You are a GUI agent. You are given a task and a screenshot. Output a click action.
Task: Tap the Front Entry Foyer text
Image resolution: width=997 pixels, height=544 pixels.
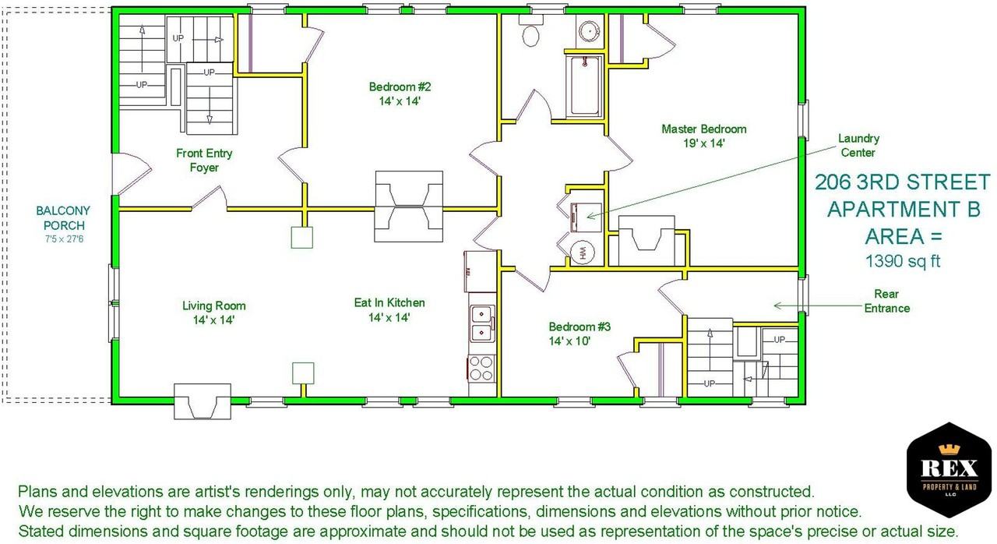[204, 161]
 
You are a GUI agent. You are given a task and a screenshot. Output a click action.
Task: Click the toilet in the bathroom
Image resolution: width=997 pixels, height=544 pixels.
[530, 30]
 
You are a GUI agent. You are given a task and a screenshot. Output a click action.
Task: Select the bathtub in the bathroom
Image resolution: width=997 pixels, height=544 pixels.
[584, 86]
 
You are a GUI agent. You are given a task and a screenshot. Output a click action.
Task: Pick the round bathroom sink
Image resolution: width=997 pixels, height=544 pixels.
[590, 30]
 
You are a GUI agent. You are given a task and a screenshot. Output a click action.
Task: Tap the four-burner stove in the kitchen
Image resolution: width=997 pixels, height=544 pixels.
[481, 369]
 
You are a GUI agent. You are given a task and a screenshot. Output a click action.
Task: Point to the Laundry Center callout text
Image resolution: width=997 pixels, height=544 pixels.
[858, 146]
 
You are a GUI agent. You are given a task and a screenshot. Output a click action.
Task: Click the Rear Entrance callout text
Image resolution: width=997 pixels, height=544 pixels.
[886, 301]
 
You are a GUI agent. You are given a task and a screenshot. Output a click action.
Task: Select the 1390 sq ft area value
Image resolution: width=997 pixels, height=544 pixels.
[903, 261]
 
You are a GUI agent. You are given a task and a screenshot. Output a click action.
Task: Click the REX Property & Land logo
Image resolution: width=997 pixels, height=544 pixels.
[949, 470]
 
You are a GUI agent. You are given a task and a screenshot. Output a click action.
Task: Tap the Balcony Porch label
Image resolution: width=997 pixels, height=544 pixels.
[63, 217]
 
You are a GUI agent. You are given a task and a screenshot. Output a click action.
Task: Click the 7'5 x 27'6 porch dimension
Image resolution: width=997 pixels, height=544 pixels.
[64, 239]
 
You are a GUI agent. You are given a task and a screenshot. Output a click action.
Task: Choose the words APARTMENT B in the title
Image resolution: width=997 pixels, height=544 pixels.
[904, 209]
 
